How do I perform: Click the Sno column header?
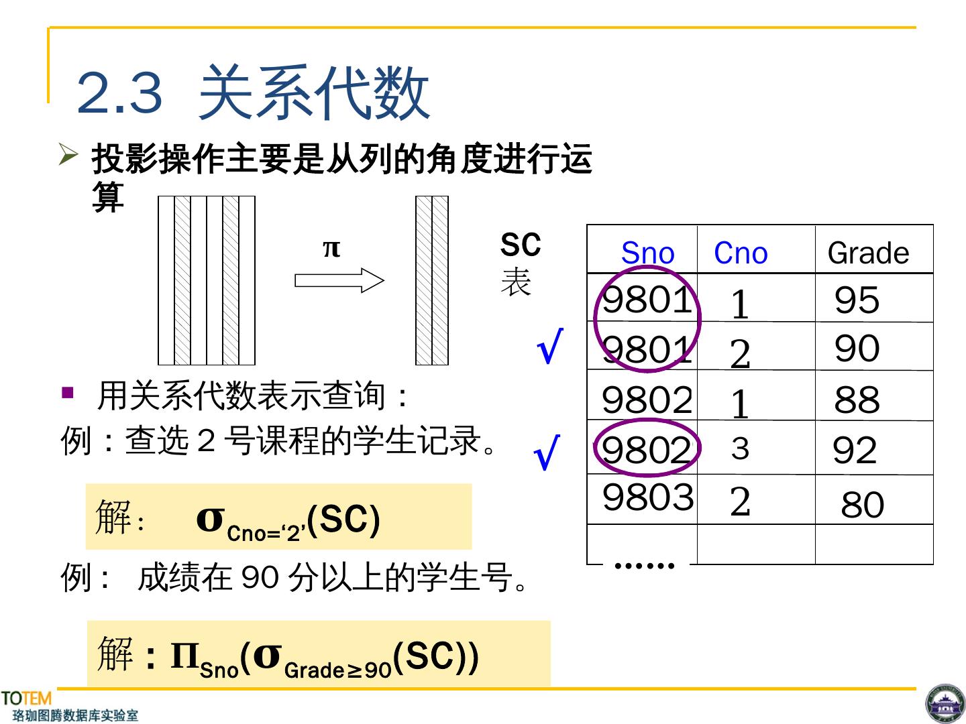pyautogui.click(x=647, y=253)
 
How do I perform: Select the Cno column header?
pyautogui.click(x=741, y=253)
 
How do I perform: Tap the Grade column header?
pyautogui.click(x=868, y=253)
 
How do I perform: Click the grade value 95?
pyautogui.click(x=857, y=300)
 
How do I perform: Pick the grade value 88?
pyautogui.click(x=857, y=400)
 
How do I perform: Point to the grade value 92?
pyautogui.click(x=855, y=450)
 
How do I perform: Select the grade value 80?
pyautogui.click(x=862, y=504)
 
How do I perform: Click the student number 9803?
pyautogui.click(x=647, y=497)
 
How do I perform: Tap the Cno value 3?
pyautogui.click(x=740, y=448)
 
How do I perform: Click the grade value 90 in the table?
pyautogui.click(x=857, y=348)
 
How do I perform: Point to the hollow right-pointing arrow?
pyautogui.click(x=339, y=280)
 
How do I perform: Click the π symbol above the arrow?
pyautogui.click(x=331, y=248)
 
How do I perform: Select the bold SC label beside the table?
pyautogui.click(x=520, y=245)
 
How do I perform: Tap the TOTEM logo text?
pyautogui.click(x=26, y=699)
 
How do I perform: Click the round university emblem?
pyautogui.click(x=945, y=704)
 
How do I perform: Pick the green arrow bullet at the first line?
pyautogui.click(x=68, y=154)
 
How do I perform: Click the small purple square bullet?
pyautogui.click(x=67, y=392)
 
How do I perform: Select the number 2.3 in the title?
pyautogui.click(x=119, y=93)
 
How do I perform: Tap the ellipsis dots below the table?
pyautogui.click(x=644, y=566)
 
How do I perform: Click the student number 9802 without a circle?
pyautogui.click(x=647, y=400)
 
